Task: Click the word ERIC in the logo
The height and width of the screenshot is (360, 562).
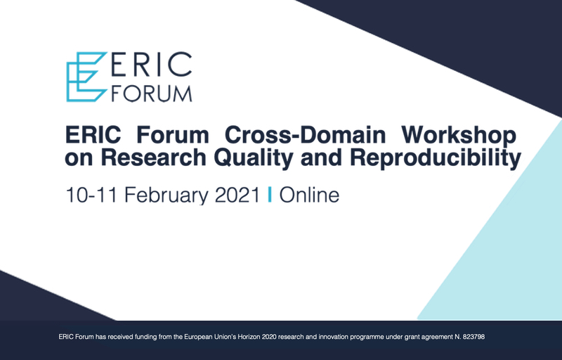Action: click(x=152, y=65)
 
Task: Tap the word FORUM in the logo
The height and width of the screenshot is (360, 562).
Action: click(x=152, y=94)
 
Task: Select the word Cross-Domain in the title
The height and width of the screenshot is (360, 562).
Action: click(x=305, y=135)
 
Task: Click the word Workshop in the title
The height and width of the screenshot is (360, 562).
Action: click(x=459, y=136)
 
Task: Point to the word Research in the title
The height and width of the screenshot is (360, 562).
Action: click(x=153, y=157)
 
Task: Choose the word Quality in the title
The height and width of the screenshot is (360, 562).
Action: click(x=254, y=158)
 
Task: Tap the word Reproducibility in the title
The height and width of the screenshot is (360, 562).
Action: click(x=435, y=158)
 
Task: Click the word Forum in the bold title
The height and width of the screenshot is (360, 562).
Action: click(x=173, y=135)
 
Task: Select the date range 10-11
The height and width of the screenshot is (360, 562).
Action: click(x=91, y=195)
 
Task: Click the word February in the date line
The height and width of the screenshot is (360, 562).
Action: click(x=166, y=195)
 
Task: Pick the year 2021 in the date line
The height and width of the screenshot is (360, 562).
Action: click(x=237, y=195)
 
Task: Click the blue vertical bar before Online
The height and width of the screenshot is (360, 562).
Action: click(x=270, y=195)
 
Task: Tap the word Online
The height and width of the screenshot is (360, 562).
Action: click(x=309, y=195)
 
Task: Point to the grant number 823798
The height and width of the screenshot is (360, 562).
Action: click(x=473, y=337)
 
